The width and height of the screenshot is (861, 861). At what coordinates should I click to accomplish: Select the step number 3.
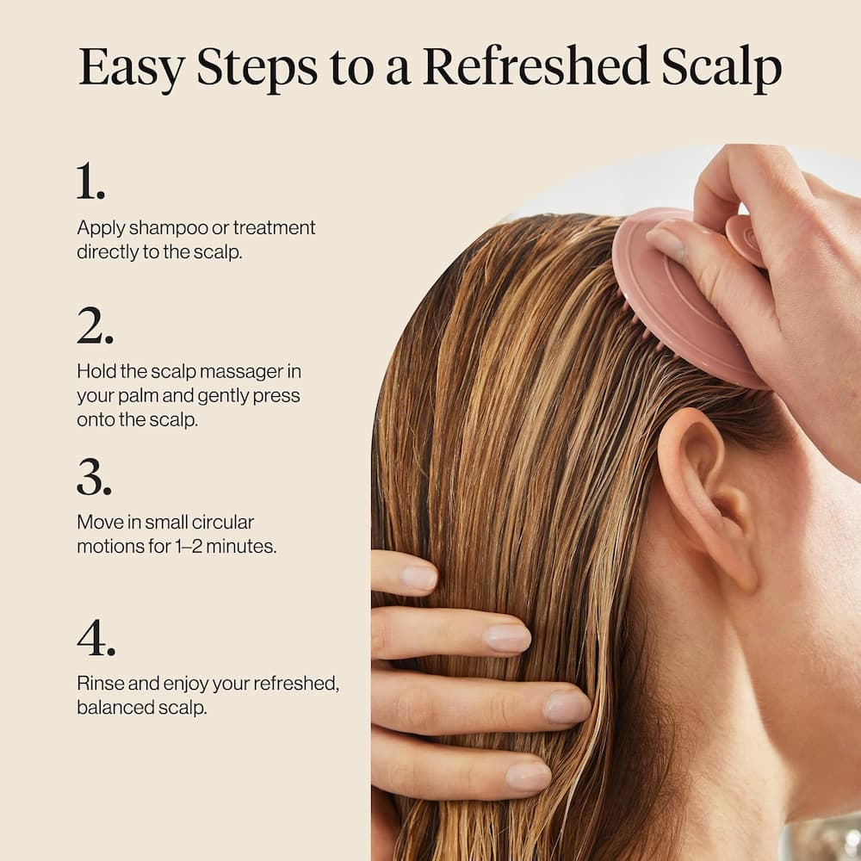[x=94, y=478]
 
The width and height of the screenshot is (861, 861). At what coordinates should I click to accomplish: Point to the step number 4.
[x=96, y=638]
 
